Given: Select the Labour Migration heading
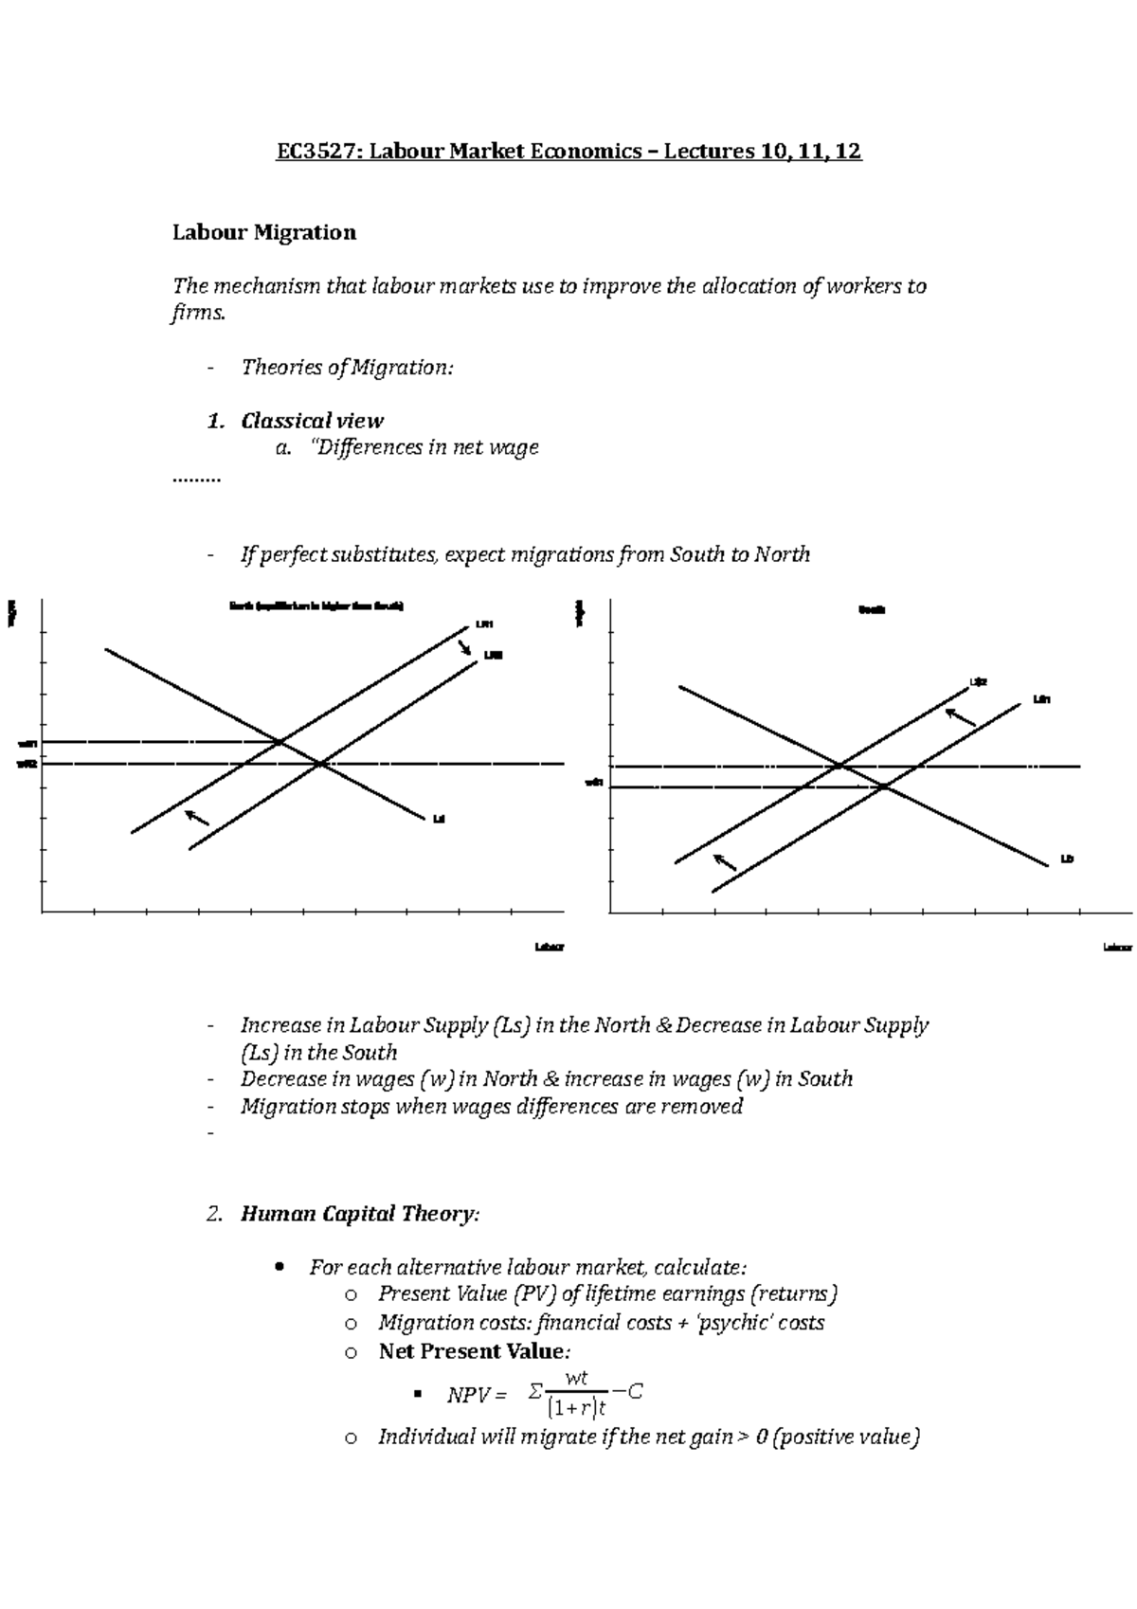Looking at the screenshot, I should click(263, 232).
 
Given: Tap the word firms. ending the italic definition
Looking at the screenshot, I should click(199, 314).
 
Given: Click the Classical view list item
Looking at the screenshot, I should click(312, 421).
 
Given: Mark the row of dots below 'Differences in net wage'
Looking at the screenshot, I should click(195, 479).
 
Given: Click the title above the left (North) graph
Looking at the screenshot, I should click(316, 606).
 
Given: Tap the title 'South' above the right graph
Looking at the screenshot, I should click(871, 610).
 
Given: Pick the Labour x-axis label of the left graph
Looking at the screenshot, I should click(549, 947).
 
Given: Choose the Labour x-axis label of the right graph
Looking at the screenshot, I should click(1117, 947).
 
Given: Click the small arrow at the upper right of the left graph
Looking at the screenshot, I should click(465, 647).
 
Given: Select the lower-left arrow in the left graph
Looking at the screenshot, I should click(197, 817).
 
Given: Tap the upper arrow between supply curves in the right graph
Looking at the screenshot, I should click(962, 716).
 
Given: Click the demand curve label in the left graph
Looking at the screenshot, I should click(438, 819).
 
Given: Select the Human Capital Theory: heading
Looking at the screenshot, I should click(360, 1214).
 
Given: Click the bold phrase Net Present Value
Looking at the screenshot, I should click(471, 1351).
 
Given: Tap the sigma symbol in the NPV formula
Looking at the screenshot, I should click(535, 1392).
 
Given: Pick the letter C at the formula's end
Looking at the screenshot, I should click(636, 1392).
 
